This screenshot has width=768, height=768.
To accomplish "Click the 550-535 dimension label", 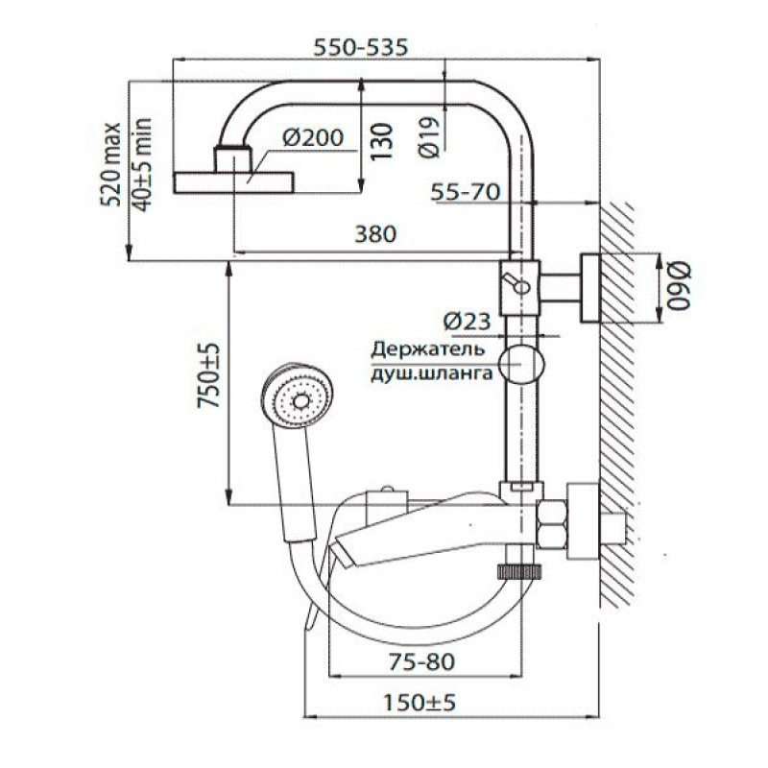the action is point(361,47).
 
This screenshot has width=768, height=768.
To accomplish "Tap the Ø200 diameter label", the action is point(313,137).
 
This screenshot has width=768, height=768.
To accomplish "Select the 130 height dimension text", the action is point(381,141).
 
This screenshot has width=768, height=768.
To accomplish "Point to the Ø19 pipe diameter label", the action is point(429,137).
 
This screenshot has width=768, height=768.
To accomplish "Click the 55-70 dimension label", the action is point(466,191).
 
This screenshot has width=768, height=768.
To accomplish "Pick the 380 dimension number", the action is point(375,233).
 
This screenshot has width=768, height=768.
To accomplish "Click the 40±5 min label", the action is point(142,165).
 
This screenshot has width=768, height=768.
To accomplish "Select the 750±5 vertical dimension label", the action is point(208,375).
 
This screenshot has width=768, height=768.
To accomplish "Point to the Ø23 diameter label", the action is point(467,322).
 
